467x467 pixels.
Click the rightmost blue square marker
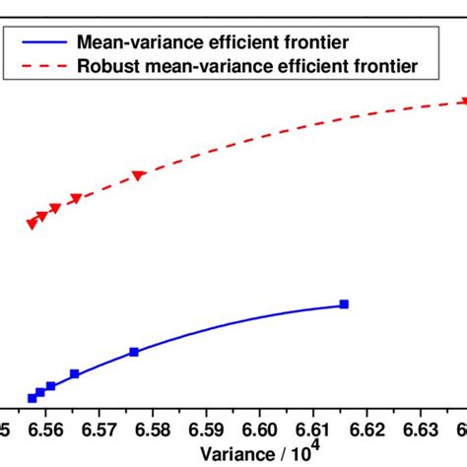click(344, 304)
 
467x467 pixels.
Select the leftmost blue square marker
click(32, 398)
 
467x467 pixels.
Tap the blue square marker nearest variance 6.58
click(134, 352)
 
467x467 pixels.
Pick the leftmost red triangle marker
click(32, 224)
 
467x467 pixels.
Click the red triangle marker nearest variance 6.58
click(139, 175)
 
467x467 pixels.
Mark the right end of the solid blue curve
click(344, 304)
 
